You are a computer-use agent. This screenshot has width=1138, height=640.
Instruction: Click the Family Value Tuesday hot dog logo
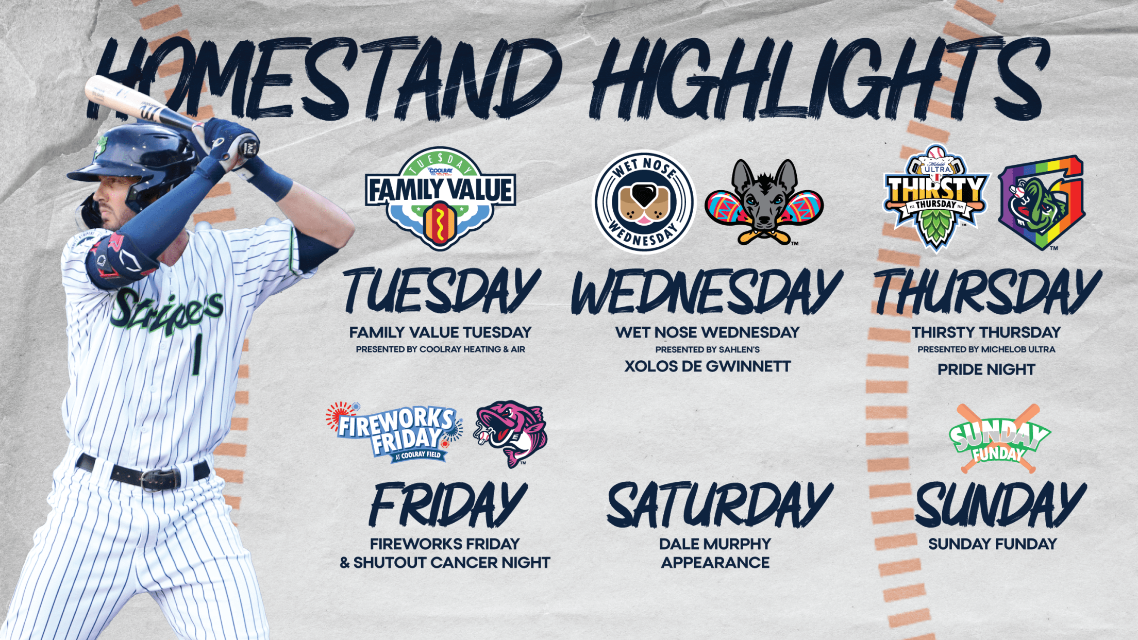pos(440,199)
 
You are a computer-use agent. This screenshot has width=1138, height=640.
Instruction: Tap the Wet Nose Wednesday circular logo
pos(644,201)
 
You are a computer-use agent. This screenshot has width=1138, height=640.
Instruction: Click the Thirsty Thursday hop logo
pos(936,199)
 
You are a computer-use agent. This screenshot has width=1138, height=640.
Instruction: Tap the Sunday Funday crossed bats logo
pos(999,439)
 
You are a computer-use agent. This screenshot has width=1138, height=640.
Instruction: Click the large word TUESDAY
pos(442,291)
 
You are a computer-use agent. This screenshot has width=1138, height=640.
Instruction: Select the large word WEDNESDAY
pos(707,292)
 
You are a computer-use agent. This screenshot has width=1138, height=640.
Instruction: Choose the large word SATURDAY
pos(719,504)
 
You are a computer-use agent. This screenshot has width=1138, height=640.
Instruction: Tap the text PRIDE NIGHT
pos(986,369)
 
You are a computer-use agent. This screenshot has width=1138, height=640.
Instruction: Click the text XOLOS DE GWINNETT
pos(707,366)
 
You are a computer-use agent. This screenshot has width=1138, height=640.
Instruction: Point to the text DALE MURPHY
pos(715,544)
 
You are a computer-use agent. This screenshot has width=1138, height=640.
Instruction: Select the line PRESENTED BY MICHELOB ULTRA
pos(986,349)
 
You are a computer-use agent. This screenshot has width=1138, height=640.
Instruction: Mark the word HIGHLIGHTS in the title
pos(819,77)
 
